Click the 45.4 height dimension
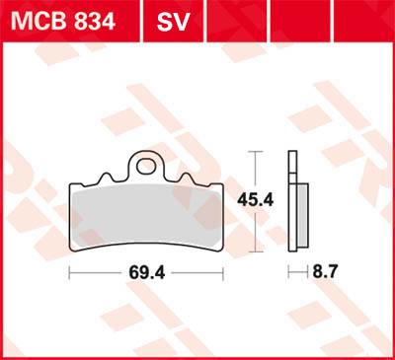(x=256, y=200)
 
